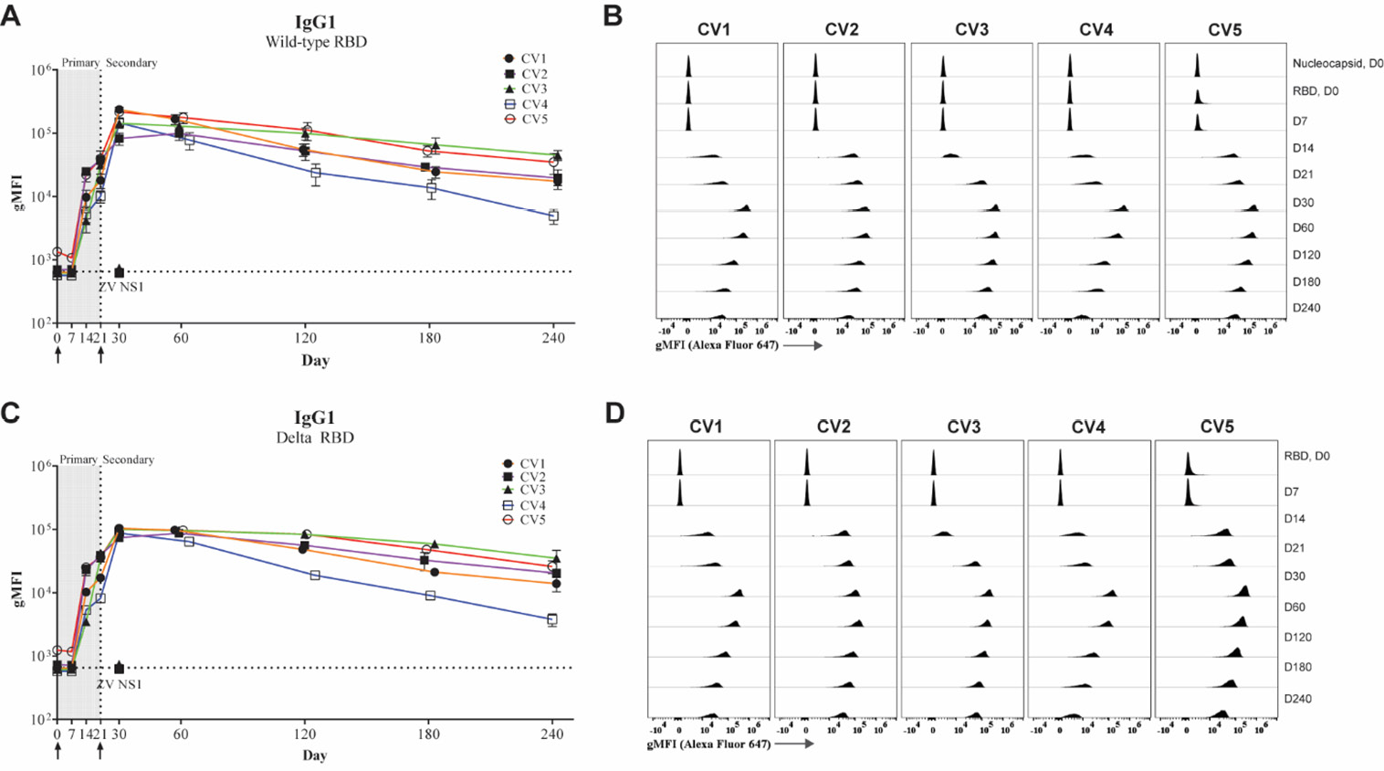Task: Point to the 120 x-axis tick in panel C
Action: [x=305, y=734]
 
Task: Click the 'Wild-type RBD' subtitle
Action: [x=316, y=42]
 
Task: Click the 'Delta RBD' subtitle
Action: [x=315, y=438]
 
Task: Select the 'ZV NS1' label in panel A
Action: [x=121, y=287]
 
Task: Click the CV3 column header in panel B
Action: [x=971, y=30]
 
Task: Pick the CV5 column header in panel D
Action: [x=1217, y=427]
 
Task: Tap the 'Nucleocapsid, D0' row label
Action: [x=1337, y=64]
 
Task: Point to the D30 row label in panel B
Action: [x=1303, y=202]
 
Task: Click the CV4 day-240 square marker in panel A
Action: [x=553, y=217]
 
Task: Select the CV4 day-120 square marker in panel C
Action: [x=315, y=576]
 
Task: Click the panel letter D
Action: [x=614, y=413]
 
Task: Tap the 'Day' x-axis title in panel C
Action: [x=315, y=755]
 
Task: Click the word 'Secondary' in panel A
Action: [x=131, y=63]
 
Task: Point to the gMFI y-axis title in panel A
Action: [x=17, y=196]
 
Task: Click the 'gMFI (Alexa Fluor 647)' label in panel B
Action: [x=717, y=345]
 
